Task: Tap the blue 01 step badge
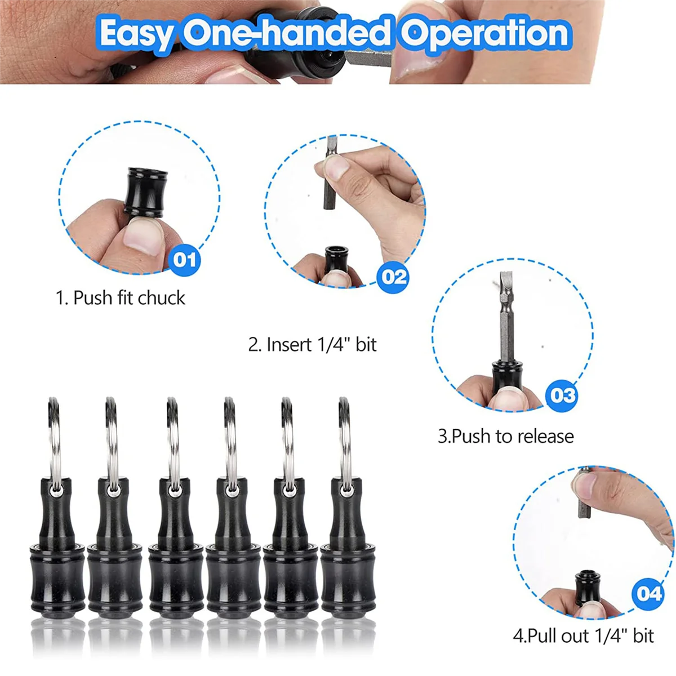click(184, 260)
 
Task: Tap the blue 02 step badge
click(394, 277)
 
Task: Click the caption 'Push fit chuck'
click(120, 297)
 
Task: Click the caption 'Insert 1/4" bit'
click(313, 344)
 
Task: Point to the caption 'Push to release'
click(505, 436)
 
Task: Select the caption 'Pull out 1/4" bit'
click(583, 636)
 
